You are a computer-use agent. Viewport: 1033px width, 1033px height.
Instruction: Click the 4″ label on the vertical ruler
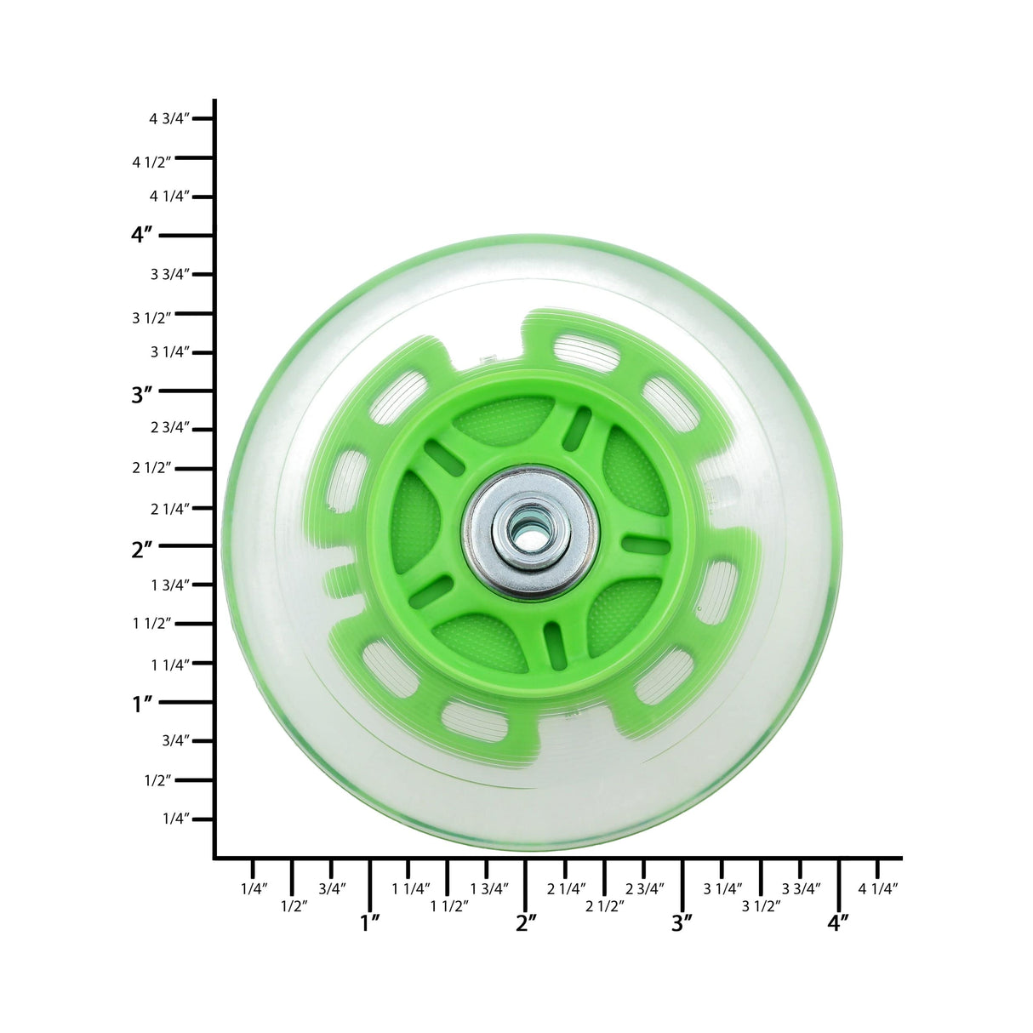tap(142, 235)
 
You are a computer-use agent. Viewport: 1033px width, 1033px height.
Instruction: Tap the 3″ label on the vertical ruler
tap(142, 394)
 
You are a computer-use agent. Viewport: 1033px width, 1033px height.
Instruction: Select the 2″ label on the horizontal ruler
tap(527, 922)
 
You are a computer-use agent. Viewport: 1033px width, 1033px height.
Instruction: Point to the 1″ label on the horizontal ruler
tap(370, 922)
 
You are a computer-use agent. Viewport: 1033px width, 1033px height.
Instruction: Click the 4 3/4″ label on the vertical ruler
tap(168, 119)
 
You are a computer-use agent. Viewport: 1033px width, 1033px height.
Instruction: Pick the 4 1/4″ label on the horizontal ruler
tap(878, 888)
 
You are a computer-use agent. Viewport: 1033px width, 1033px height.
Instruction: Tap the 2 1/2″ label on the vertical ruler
tap(152, 467)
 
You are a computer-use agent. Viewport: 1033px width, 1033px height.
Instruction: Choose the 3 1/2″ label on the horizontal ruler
tap(762, 906)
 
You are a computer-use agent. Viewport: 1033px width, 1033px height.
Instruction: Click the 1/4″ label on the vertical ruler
tap(176, 819)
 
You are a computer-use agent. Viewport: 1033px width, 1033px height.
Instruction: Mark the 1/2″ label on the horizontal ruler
tap(294, 906)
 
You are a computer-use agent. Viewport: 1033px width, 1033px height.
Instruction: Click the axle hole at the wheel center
tap(529, 533)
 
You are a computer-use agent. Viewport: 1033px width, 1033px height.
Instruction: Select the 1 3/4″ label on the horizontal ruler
tap(489, 888)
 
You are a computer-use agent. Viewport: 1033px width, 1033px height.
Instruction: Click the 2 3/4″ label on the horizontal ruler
tap(645, 888)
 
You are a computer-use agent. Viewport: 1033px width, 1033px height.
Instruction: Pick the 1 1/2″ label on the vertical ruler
tap(152, 623)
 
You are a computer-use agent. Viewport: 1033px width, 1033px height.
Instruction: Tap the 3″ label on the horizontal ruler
tap(682, 922)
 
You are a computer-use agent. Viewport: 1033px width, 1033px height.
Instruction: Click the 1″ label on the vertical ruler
tap(142, 704)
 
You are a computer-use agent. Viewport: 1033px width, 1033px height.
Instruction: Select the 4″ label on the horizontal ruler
tap(839, 922)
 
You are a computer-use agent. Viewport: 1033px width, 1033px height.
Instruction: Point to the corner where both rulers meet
tap(215, 857)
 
